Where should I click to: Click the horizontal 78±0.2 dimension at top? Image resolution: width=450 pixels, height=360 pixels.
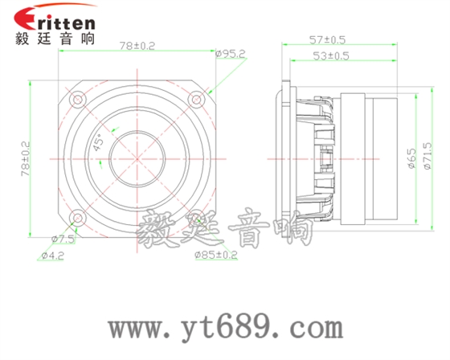(x=137, y=47)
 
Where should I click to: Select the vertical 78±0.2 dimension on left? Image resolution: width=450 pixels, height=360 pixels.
(x=26, y=157)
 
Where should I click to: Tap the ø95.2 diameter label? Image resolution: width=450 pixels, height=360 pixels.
(x=231, y=55)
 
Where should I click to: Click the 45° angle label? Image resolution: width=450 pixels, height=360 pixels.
(x=98, y=142)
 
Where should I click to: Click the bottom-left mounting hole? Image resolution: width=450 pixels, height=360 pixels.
(x=78, y=217)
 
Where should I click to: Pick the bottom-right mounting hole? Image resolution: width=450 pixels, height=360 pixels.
(x=195, y=217)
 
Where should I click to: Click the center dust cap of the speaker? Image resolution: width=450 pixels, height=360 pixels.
(x=137, y=157)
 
